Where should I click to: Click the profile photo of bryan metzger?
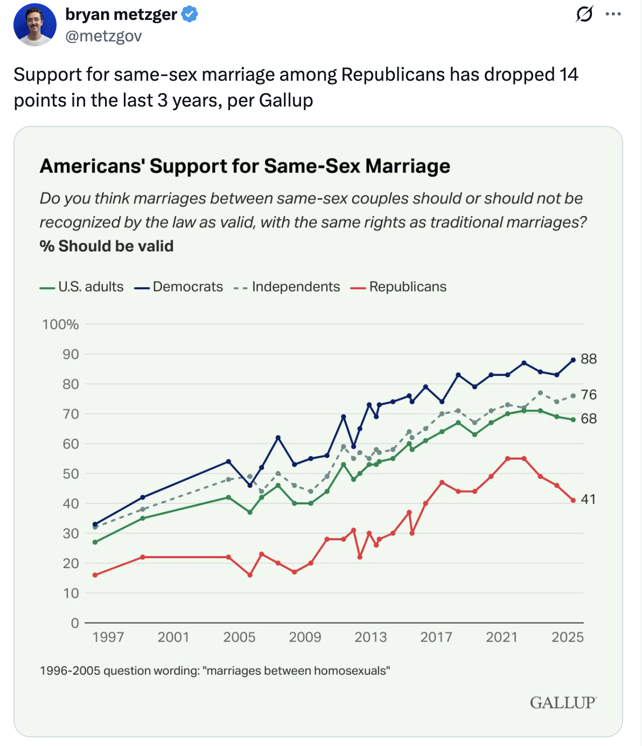point(35,24)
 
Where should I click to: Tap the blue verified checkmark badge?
point(189,15)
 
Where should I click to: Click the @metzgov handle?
point(103,36)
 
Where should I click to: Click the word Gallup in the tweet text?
point(285,101)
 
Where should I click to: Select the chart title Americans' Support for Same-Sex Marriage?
point(245,166)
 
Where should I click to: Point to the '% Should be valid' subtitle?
point(107,246)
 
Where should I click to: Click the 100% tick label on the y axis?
point(60,325)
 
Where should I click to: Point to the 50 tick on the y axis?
point(71,474)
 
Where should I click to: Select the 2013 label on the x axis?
point(371,637)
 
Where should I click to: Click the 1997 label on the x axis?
point(108,637)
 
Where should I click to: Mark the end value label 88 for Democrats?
point(589,359)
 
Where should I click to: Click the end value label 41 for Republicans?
point(588,499)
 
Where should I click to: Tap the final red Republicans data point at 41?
point(573,501)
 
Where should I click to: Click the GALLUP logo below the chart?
point(563,703)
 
